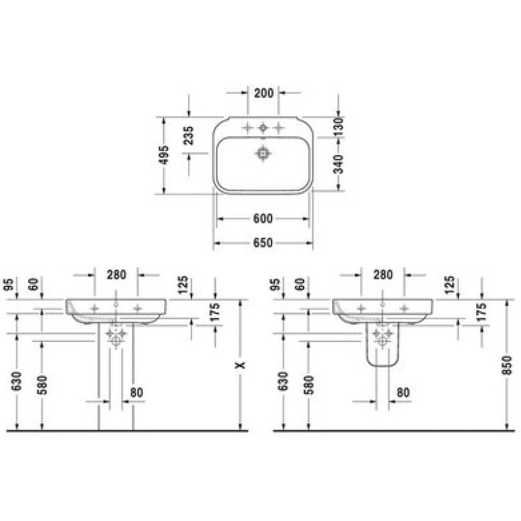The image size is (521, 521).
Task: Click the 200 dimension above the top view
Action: [264, 93]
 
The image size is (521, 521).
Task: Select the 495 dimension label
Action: [163, 155]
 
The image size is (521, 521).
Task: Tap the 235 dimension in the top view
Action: [188, 135]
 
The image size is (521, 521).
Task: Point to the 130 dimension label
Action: [338, 126]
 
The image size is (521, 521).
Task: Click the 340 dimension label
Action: [338, 164]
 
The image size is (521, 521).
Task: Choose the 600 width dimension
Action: [263, 219]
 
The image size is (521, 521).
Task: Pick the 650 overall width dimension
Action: [263, 243]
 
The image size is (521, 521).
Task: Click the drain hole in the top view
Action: [264, 154]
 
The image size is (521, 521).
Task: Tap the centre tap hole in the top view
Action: [263, 127]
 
